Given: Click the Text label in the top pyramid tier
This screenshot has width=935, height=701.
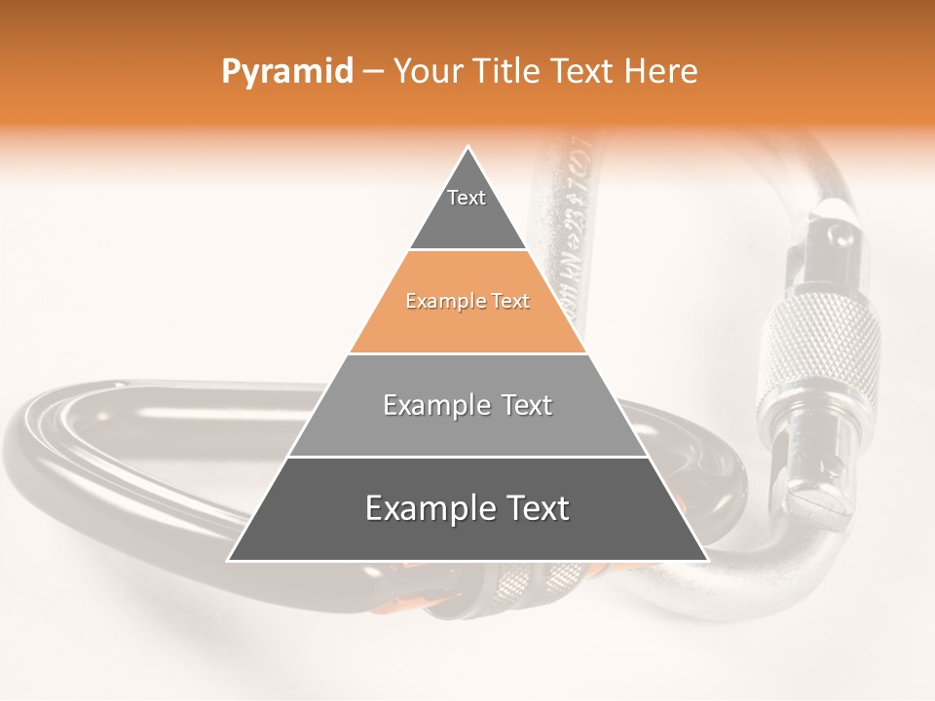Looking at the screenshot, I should tap(467, 198).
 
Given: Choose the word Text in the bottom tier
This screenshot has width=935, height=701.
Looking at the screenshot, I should tap(535, 508).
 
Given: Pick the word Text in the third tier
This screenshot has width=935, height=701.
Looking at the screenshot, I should tap(523, 405).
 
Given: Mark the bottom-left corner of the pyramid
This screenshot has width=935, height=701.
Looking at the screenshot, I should tap(229, 560).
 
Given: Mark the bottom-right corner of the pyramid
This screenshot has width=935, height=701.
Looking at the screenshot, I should tap(707, 560).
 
